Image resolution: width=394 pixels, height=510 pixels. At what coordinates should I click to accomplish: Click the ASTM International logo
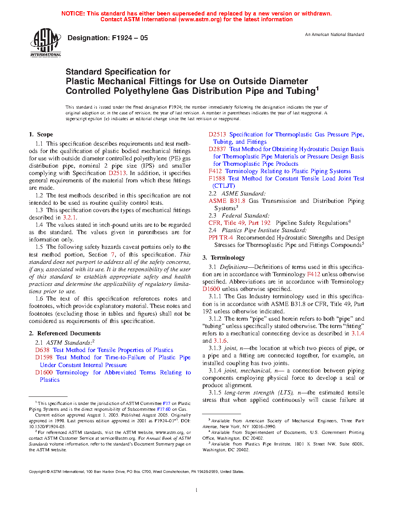coord(46,43)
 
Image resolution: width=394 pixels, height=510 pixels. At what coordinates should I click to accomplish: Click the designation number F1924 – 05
coord(107,38)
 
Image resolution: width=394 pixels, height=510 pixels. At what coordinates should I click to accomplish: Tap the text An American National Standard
coord(335,34)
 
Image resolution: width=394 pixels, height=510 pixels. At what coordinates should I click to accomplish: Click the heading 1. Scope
coord(41,134)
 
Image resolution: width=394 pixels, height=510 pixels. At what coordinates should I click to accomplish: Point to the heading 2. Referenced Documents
coord(65,333)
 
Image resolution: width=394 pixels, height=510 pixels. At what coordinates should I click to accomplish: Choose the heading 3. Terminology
coord(224,257)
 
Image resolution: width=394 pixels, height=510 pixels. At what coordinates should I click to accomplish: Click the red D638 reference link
coord(42,350)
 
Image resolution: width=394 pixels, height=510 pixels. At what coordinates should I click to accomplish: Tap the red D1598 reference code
coord(44,357)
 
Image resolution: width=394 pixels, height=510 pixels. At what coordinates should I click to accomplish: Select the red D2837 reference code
coord(217,149)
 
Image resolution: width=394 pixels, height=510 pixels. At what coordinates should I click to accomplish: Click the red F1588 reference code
coord(217,178)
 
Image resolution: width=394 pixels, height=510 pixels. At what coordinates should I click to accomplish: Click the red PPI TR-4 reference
coord(221,238)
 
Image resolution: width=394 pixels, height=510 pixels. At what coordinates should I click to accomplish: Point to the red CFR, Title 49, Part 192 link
coord(239,223)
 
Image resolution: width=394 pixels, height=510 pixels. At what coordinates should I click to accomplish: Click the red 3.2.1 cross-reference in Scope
coord(70,218)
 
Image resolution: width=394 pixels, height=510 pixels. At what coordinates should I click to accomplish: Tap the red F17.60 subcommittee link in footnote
coord(164,409)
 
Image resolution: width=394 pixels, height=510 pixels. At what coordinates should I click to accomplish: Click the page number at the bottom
coord(197,490)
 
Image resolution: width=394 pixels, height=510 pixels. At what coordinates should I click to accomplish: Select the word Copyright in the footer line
coord(37,471)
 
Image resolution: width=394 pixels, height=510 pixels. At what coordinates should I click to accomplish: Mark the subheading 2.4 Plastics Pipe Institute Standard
coord(258,230)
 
